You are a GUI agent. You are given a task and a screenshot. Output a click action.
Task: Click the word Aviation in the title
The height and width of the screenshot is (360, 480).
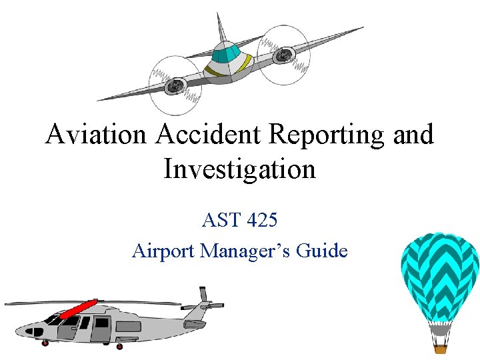tap(95, 135)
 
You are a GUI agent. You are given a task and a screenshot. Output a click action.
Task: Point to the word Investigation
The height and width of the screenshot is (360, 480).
tap(239, 169)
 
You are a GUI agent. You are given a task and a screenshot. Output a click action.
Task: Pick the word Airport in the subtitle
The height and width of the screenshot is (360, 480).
tap(164, 251)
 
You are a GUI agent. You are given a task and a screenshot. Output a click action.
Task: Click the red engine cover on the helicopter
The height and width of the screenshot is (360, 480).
tap(79, 309)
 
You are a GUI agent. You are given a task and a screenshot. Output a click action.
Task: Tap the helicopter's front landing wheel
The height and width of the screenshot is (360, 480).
tap(45, 343)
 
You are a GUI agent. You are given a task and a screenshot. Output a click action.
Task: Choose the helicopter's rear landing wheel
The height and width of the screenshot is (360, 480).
tap(120, 346)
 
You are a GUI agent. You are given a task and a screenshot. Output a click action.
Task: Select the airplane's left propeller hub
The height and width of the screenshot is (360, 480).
tap(175, 85)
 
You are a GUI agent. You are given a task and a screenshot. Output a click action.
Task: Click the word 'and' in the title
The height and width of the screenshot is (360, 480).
tap(414, 135)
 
